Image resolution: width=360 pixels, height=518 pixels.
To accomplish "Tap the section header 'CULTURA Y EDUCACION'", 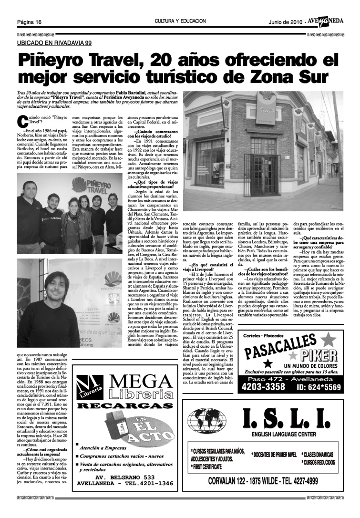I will tap(180, 21).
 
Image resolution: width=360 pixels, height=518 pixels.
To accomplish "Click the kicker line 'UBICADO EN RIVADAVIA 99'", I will tap(54, 43).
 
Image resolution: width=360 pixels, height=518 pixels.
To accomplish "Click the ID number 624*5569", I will tap(319, 388).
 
